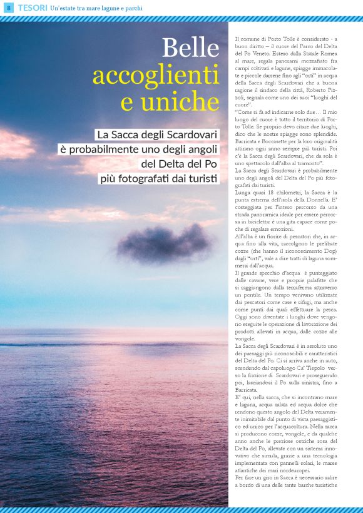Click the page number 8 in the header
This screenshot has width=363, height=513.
8,8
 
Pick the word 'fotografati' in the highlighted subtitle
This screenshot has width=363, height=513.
145,178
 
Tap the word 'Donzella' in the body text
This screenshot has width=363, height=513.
339,201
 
